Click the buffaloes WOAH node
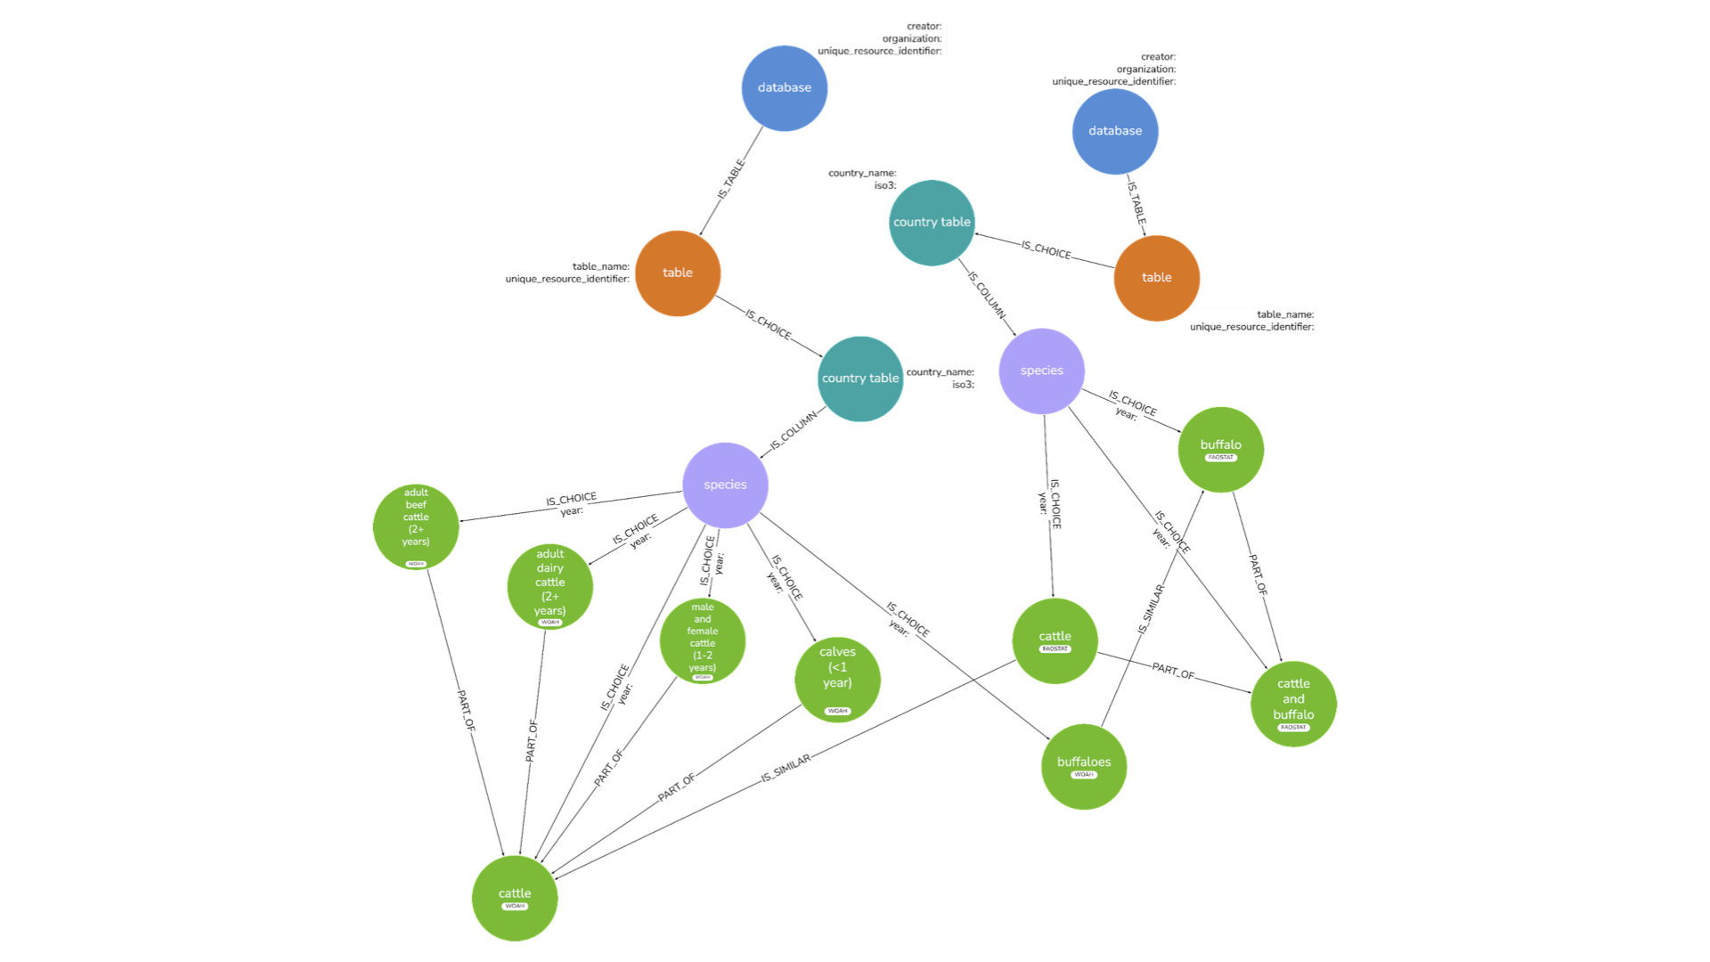[1083, 766]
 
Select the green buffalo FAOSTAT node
[1220, 449]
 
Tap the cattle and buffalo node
[1293, 703]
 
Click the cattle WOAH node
[515, 898]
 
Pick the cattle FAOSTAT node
[1054, 640]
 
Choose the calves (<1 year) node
[837, 679]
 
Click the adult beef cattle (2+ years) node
[416, 526]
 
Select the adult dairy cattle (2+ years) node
[550, 586]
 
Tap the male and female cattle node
[702, 640]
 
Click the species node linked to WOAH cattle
[725, 485]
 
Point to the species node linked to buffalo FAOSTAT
[1041, 371]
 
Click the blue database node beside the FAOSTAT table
[1114, 131]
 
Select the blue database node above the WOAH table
[784, 87]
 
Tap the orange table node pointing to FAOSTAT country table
[1156, 277]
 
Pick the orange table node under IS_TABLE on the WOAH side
[677, 273]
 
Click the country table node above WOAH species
[859, 378]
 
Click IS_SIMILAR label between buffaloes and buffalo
[1151, 609]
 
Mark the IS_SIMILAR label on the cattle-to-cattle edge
[786, 768]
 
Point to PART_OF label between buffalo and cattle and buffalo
[1258, 575]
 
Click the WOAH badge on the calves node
[837, 711]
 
